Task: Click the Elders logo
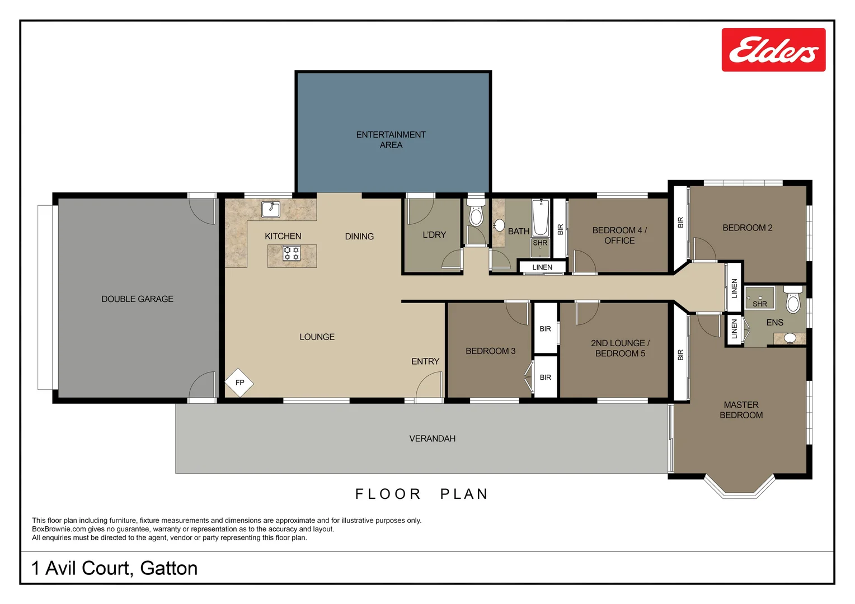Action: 773,50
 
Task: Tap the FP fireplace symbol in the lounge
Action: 239,383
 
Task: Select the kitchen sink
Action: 271,209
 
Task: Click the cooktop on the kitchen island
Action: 292,253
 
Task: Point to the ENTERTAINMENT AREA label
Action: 391,140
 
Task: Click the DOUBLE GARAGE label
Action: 137,299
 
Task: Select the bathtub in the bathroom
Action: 541,218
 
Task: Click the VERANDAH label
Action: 432,438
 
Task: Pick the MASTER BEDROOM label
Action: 741,410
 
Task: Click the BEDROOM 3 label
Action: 490,351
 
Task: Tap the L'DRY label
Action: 434,235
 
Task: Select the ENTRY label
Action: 425,362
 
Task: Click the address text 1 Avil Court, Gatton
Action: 115,568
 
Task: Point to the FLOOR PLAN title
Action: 422,494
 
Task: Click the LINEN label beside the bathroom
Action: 542,267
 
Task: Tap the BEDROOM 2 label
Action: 747,228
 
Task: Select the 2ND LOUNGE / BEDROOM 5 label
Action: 620,348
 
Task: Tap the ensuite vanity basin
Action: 790,338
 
